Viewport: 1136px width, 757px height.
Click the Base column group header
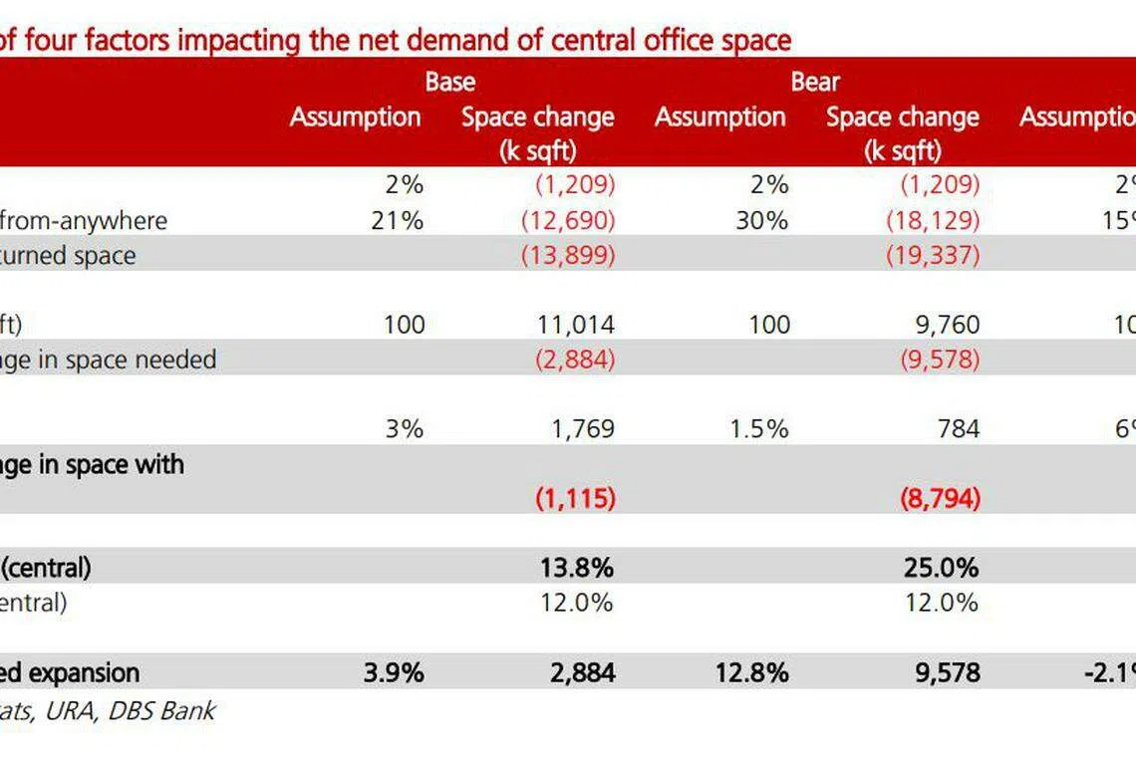click(x=450, y=82)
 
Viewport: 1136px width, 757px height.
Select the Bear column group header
click(x=816, y=82)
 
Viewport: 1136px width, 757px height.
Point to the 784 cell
click(x=958, y=429)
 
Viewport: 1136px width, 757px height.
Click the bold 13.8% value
click(x=575, y=568)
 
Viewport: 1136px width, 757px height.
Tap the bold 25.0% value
click(x=939, y=568)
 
